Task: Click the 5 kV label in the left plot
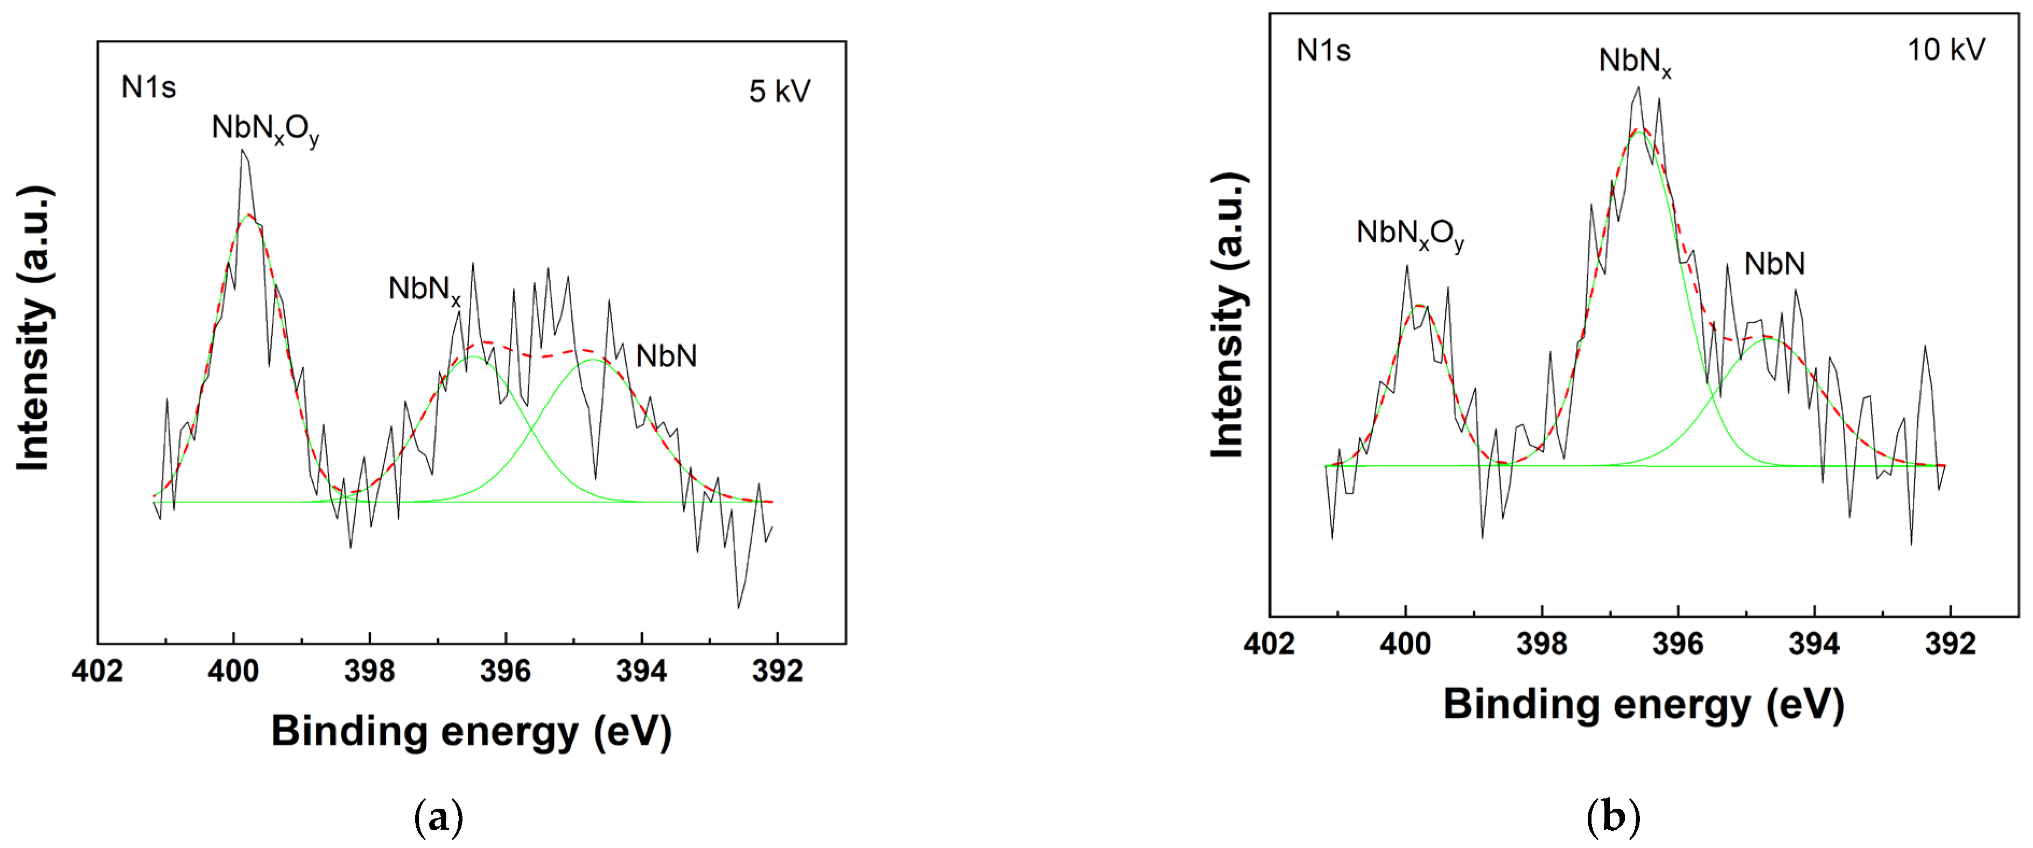tap(779, 92)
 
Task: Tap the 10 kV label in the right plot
tap(1945, 50)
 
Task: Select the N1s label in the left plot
tap(149, 87)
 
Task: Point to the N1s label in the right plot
tap(1323, 51)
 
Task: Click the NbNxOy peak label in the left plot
tap(265, 129)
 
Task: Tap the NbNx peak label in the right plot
tap(1635, 61)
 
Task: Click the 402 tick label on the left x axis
tap(97, 671)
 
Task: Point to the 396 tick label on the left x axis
tap(505, 671)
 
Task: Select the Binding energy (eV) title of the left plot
tap(471, 731)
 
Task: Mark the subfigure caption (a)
tap(438, 819)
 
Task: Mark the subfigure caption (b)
tap(1613, 819)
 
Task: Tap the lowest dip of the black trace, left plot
tap(739, 607)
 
